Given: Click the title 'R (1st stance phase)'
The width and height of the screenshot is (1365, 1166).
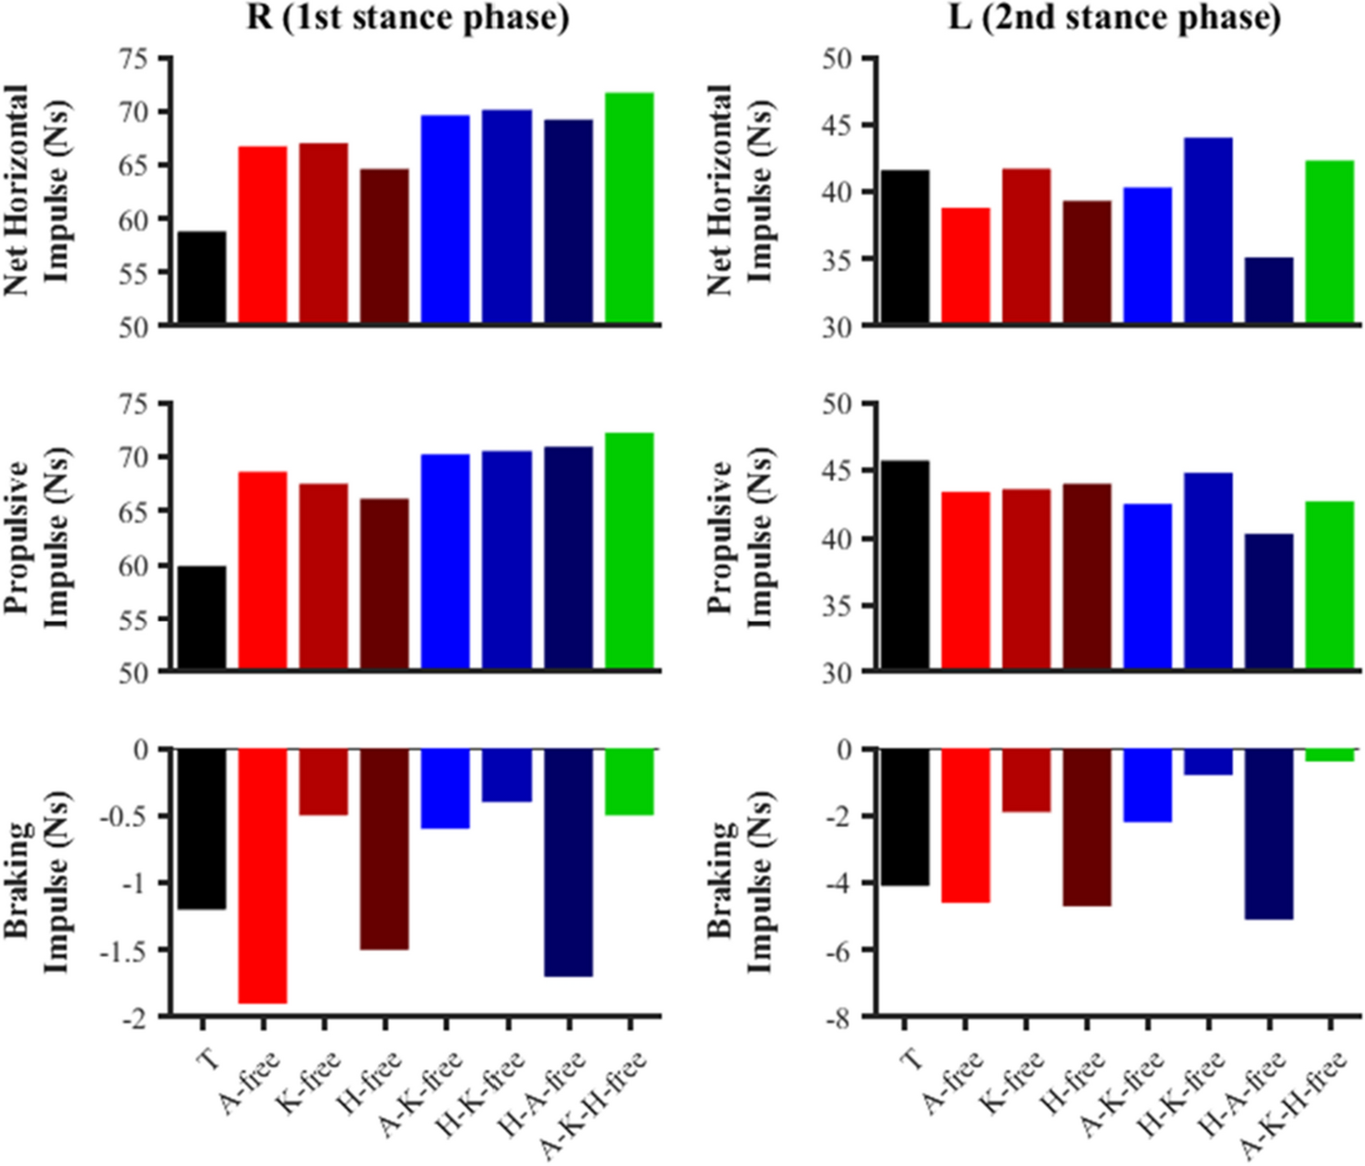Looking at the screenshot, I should click(407, 17).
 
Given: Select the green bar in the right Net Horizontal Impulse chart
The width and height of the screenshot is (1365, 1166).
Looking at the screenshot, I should click(1329, 241).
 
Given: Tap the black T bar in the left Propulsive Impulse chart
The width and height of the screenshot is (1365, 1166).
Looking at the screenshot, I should click(201, 619).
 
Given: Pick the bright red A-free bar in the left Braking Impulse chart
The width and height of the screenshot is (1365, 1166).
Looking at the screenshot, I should click(262, 875).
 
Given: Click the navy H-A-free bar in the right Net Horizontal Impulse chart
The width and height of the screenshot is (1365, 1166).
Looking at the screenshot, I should click(1268, 291).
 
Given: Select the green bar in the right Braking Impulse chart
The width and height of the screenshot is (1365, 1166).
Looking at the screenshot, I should click(1329, 755).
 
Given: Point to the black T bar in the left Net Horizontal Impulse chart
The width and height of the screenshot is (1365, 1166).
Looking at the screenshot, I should click(201, 278).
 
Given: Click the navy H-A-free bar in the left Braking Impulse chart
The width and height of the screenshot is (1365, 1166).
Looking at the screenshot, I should click(569, 862).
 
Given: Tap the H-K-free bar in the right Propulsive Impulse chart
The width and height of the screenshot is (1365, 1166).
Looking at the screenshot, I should click(1208, 572).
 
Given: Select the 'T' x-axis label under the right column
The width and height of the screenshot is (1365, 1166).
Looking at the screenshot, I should click(910, 1059).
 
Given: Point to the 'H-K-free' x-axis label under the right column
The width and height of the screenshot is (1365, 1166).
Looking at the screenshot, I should click(1182, 1093).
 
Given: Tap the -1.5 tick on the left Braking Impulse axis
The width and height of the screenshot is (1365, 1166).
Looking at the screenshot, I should click(133, 950).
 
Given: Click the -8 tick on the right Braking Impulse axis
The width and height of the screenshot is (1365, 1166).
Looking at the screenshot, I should click(838, 1018).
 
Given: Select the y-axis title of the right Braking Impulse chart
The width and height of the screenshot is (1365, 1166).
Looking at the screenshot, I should click(740, 881).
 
